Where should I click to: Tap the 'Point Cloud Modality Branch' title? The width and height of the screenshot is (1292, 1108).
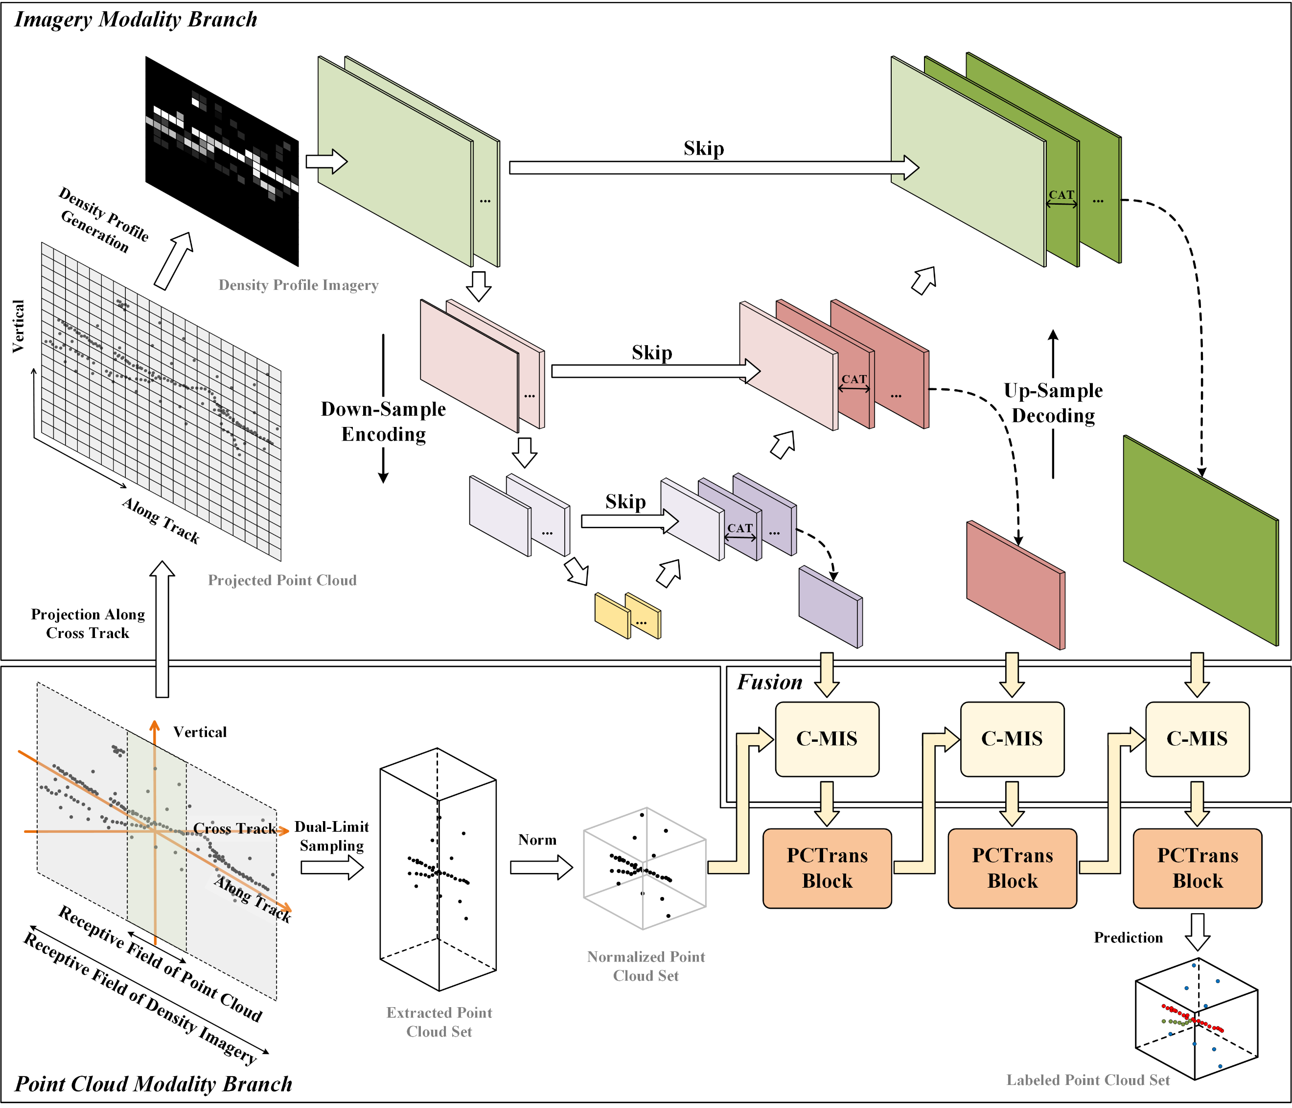tap(153, 1084)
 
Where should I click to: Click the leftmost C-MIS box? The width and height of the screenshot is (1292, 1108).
tap(827, 739)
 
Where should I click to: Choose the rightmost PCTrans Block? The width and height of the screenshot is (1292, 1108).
tap(1197, 868)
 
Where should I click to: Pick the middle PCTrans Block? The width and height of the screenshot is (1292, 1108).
tap(1012, 868)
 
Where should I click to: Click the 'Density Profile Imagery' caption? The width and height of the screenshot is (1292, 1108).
tap(298, 285)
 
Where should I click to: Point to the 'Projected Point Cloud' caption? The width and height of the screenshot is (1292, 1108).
tap(282, 580)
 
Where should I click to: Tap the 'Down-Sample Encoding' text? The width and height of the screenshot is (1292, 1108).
tap(384, 421)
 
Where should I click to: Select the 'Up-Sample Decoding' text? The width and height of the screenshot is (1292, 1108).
tap(1053, 403)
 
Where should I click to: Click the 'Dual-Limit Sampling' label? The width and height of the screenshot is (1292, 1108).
tap(331, 836)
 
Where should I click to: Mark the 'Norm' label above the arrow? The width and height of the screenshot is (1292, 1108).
tap(537, 840)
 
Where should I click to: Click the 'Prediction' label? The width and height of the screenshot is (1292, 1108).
tap(1128, 938)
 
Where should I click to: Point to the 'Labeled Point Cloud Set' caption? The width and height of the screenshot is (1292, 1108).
tap(1087, 1080)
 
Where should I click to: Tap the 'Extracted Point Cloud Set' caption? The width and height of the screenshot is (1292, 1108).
tap(439, 1022)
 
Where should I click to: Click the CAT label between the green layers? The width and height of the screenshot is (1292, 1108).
tap(1061, 195)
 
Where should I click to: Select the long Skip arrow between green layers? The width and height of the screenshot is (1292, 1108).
tap(711, 167)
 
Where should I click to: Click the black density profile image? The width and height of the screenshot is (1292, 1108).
tap(222, 161)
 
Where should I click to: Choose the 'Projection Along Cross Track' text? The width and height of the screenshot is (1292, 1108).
tap(88, 624)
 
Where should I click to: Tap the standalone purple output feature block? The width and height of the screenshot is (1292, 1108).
tap(830, 607)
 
